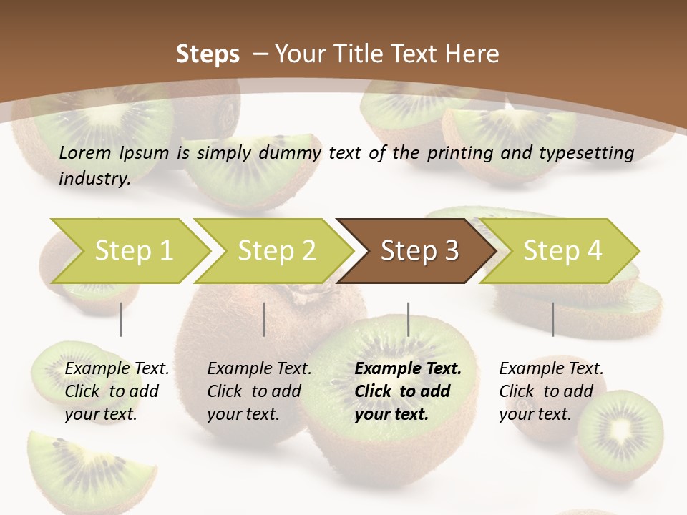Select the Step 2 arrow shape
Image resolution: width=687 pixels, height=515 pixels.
276,250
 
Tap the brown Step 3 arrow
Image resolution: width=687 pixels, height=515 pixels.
419,250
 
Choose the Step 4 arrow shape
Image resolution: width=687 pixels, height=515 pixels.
562,250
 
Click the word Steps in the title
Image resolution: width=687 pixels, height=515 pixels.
208,54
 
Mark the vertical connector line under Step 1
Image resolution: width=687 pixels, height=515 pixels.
120,319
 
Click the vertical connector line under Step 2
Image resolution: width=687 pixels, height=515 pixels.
263,319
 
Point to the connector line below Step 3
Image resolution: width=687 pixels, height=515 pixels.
408,319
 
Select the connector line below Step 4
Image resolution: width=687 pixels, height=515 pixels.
552,319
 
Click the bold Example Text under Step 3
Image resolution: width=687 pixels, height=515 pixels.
408,369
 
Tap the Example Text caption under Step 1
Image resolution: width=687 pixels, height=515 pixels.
117,369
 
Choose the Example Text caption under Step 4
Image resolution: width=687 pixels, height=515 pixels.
551,369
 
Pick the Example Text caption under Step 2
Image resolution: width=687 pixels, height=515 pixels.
259,369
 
